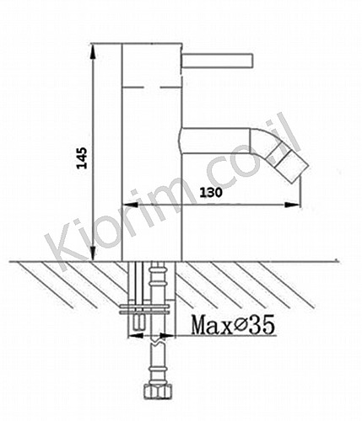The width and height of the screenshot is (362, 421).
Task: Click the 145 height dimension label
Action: [x=83, y=157]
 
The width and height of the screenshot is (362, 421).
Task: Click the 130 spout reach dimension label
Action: [x=211, y=193]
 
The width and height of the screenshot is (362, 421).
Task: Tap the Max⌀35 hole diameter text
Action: [x=233, y=325]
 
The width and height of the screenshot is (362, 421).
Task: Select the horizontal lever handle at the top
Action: [x=218, y=61]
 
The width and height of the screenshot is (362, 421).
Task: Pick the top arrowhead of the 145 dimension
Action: [x=93, y=51]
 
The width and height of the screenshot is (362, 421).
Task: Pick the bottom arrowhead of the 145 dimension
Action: [x=93, y=253]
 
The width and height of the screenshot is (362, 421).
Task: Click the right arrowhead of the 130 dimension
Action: [x=292, y=205]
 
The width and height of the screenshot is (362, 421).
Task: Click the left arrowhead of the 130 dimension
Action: [x=129, y=205]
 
